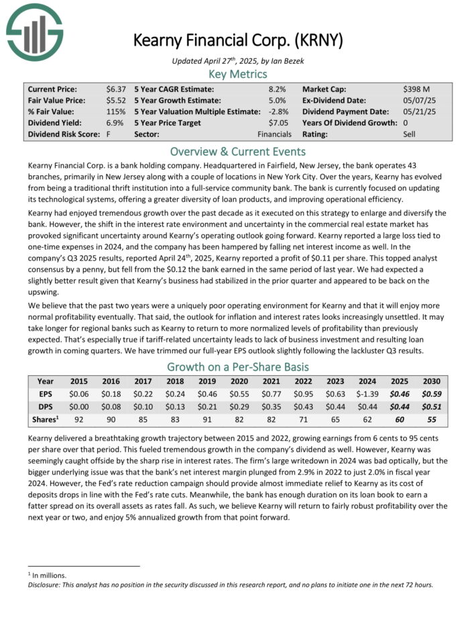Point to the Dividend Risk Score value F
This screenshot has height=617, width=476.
point(109,134)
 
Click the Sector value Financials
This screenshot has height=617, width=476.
point(274,134)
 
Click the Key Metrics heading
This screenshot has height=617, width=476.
point(237,74)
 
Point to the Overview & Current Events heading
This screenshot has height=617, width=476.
point(237,152)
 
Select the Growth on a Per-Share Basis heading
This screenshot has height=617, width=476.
point(237,367)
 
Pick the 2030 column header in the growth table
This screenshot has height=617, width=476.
point(431,380)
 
